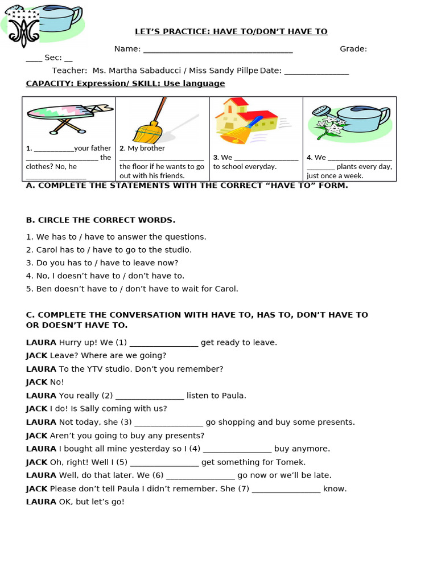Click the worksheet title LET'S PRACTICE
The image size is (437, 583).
(230, 31)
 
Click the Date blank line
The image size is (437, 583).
(316, 72)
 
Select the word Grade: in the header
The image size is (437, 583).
(353, 49)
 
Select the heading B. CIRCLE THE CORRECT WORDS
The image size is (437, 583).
(101, 220)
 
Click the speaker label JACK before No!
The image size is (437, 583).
(37, 382)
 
